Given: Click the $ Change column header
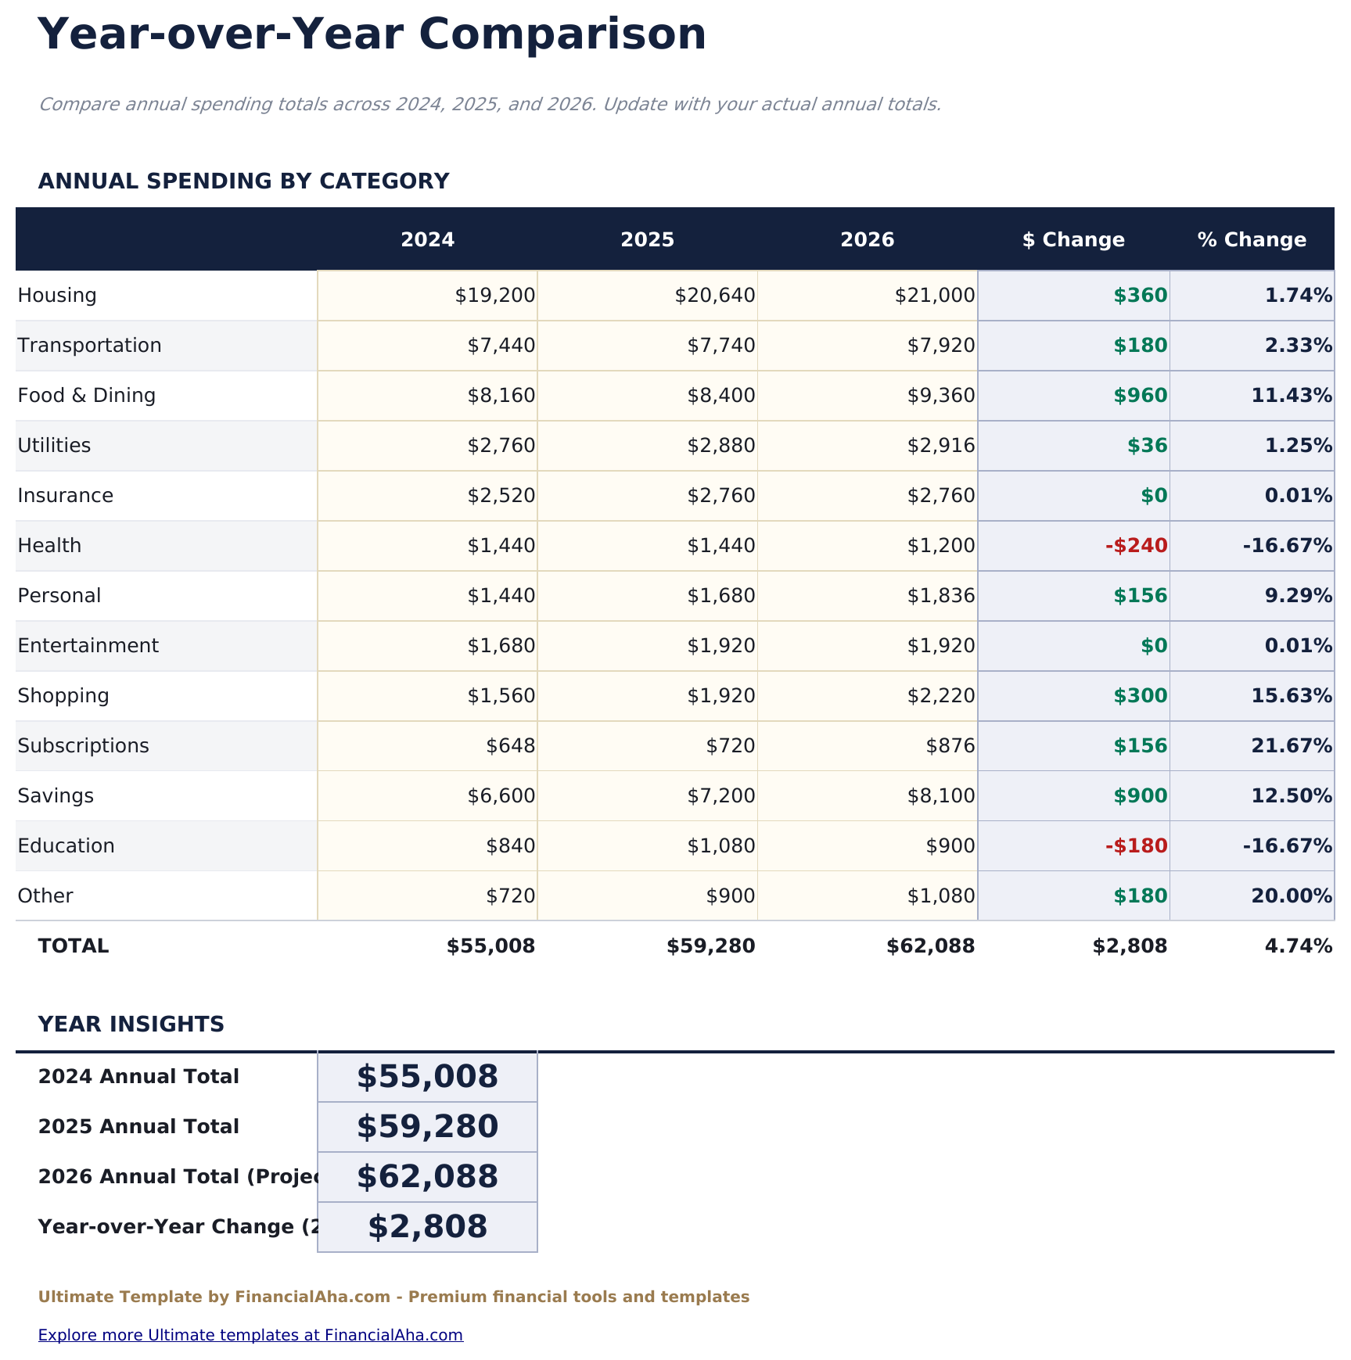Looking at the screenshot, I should pyautogui.click(x=1073, y=240).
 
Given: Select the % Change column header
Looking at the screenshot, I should pyautogui.click(x=1252, y=240).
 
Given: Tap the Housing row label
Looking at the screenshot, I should pyautogui.click(x=57, y=296).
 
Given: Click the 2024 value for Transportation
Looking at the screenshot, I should pyautogui.click(x=501, y=346).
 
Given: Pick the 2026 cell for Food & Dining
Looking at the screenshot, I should pyautogui.click(x=941, y=396).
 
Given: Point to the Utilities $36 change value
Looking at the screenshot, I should pyautogui.click(x=1147, y=446).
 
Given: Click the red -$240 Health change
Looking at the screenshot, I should pyautogui.click(x=1136, y=546).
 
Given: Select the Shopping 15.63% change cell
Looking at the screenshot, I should pyautogui.click(x=1292, y=696).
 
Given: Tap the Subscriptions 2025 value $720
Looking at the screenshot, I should pyautogui.click(x=731, y=746).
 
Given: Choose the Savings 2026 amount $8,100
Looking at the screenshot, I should pyautogui.click(x=941, y=796).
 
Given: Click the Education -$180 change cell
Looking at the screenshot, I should pyautogui.click(x=1136, y=846).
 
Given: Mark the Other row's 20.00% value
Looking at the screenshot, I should pyautogui.click(x=1292, y=896).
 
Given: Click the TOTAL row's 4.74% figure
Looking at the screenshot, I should pyautogui.click(x=1298, y=946).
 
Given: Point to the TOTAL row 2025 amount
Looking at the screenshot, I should pyautogui.click(x=710, y=946).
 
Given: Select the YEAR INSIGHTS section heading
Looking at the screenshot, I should pyautogui.click(x=131, y=1024).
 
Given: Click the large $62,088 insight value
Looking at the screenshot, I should pyautogui.click(x=427, y=1177).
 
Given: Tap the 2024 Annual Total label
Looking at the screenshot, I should pyautogui.click(x=138, y=1077).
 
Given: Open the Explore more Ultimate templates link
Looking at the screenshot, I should pyautogui.click(x=250, y=1335).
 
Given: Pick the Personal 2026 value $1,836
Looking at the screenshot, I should pyautogui.click(x=941, y=596).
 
